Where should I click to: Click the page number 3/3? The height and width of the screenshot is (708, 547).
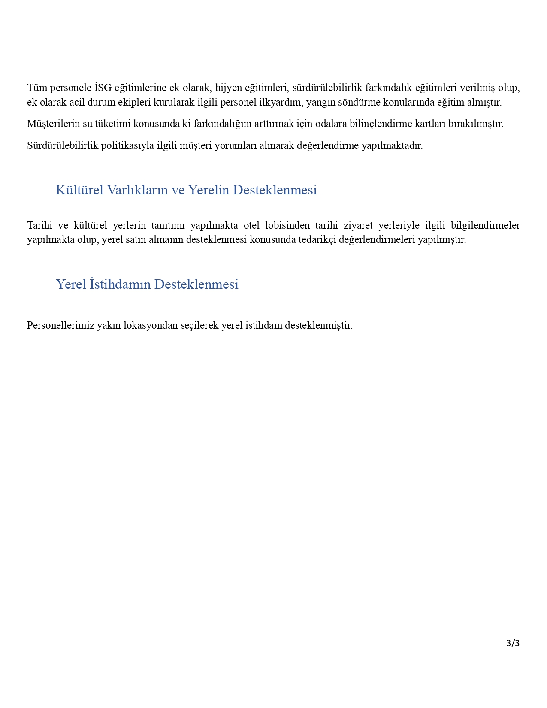[513, 643]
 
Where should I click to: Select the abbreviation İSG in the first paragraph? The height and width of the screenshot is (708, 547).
[103, 88]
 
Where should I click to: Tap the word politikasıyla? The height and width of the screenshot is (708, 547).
[127, 145]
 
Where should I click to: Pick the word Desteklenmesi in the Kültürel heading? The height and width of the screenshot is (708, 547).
[275, 190]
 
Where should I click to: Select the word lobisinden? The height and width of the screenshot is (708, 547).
[287, 225]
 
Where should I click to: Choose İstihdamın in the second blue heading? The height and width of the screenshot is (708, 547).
[120, 284]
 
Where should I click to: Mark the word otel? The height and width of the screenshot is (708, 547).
[251, 225]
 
